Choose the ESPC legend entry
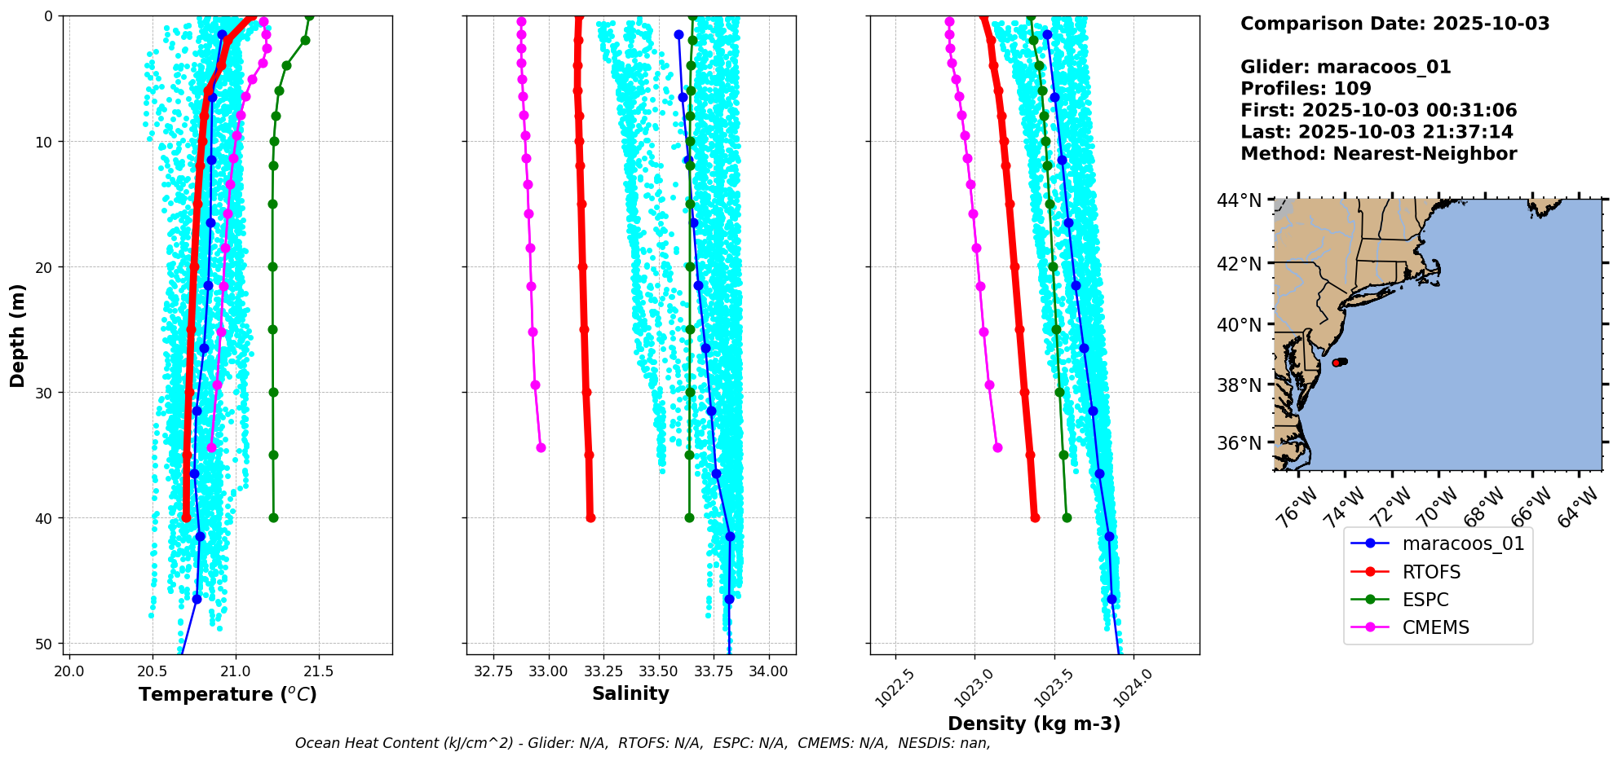1425,600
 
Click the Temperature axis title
228,694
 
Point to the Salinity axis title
630,693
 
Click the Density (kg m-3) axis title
1034,724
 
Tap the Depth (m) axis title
18,335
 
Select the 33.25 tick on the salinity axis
603,671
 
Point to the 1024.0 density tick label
1129,687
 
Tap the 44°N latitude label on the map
1239,200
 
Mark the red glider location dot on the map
1337,363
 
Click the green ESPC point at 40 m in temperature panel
273,517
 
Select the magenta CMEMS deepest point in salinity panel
541,447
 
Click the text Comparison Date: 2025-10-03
1394,24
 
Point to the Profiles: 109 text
1306,89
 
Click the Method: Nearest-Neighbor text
1378,154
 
